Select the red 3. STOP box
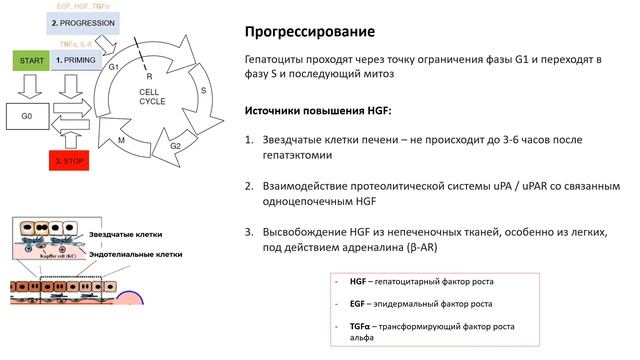click(75, 157)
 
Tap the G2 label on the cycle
click(175, 145)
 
